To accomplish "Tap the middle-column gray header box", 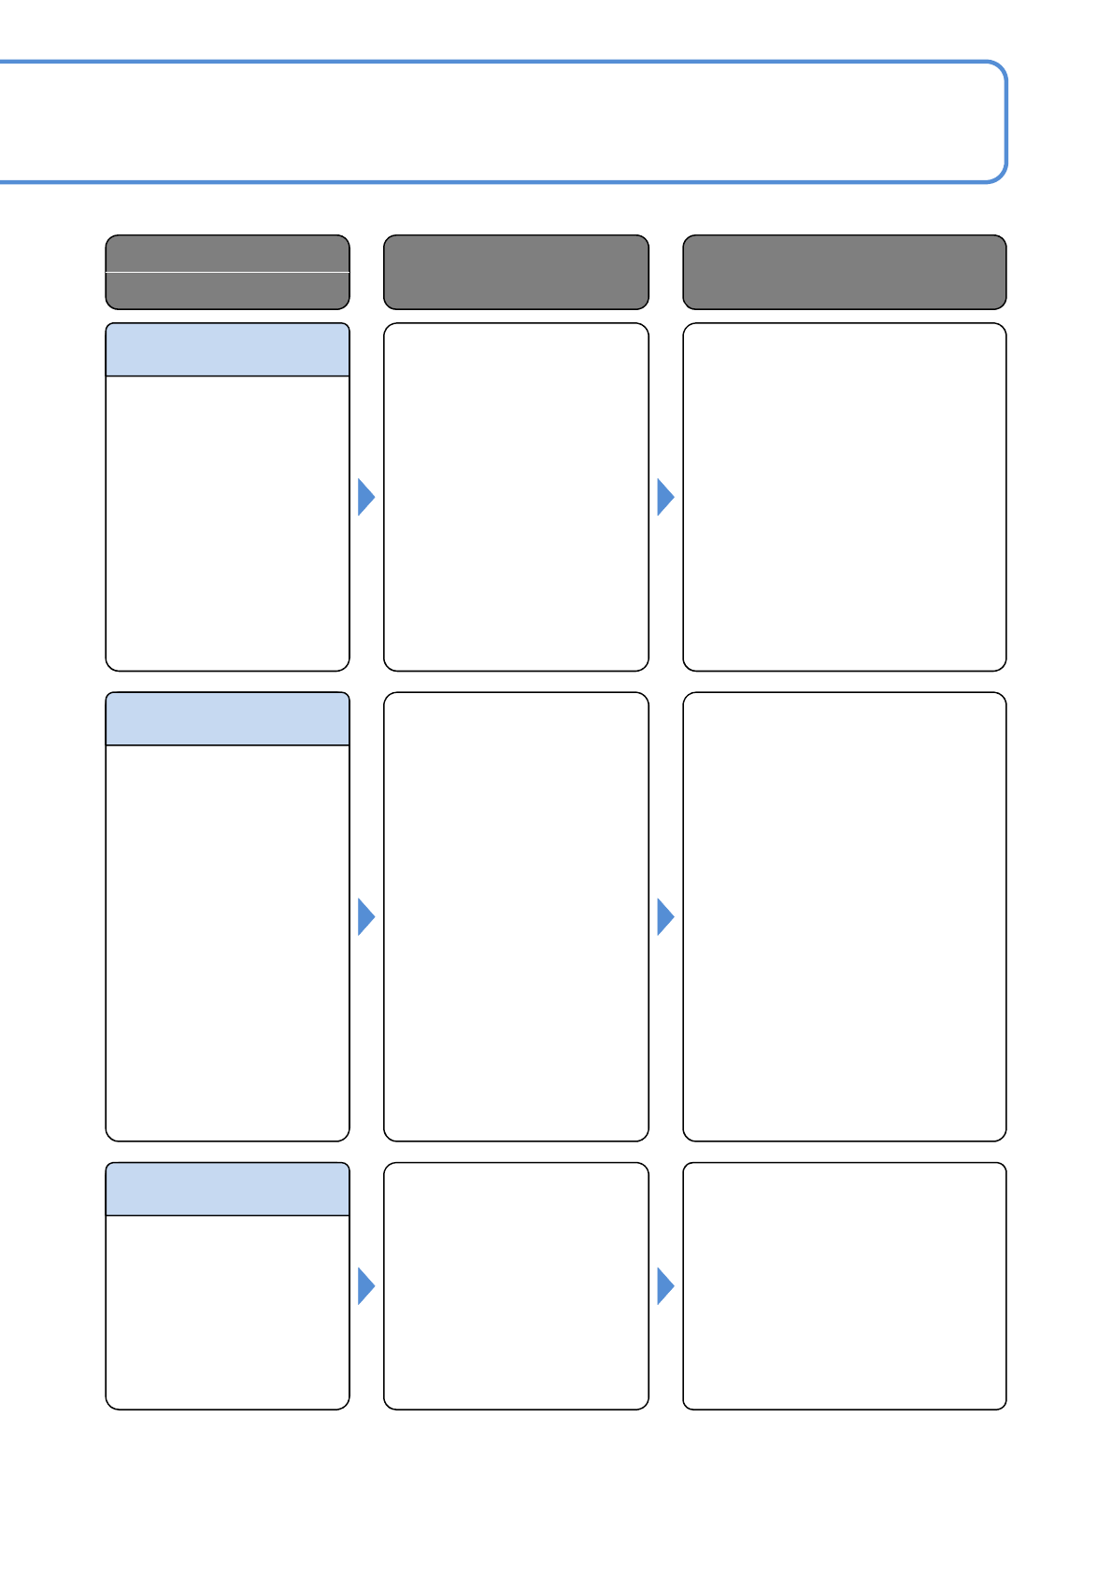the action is point(516,272).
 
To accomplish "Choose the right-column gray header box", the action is point(844,272).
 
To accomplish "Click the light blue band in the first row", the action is point(227,350).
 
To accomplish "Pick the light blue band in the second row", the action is point(227,719).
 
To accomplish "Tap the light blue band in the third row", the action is point(227,1189).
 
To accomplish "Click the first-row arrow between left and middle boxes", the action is point(365,497).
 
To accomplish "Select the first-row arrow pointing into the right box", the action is point(664,497).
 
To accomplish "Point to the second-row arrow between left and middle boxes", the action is point(365,917).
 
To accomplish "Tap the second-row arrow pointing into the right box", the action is point(664,917).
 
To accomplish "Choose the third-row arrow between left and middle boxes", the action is point(365,1286).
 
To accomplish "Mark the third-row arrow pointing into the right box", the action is point(664,1286).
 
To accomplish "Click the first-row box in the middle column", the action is point(516,497).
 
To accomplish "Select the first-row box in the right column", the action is point(844,497).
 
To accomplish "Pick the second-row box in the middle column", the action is point(516,916).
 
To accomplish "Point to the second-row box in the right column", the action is point(844,916).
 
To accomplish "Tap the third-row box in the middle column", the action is point(516,1285).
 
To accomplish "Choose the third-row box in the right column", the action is point(844,1285).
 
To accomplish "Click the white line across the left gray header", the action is point(227,273).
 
